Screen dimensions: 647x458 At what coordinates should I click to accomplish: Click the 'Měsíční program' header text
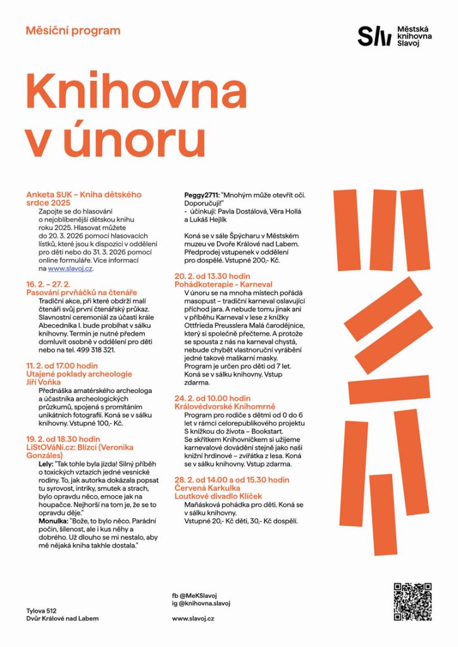pyautogui.click(x=73, y=30)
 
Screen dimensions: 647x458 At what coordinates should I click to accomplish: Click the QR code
pyautogui.click(x=412, y=601)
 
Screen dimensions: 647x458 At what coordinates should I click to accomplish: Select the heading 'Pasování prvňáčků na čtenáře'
pyautogui.click(x=82, y=293)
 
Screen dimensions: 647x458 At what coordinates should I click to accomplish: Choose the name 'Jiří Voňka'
pyautogui.click(x=46, y=382)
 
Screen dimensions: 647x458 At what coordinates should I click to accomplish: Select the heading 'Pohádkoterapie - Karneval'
pyautogui.click(x=223, y=285)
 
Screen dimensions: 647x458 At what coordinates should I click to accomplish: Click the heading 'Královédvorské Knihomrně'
pyautogui.click(x=223, y=407)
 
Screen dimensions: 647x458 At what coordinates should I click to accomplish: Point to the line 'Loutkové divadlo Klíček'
pyautogui.click(x=218, y=497)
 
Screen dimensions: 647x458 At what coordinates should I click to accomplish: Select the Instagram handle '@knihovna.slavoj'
pyautogui.click(x=204, y=603)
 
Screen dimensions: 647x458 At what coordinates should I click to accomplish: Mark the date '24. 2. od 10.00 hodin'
pyautogui.click(x=213, y=399)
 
